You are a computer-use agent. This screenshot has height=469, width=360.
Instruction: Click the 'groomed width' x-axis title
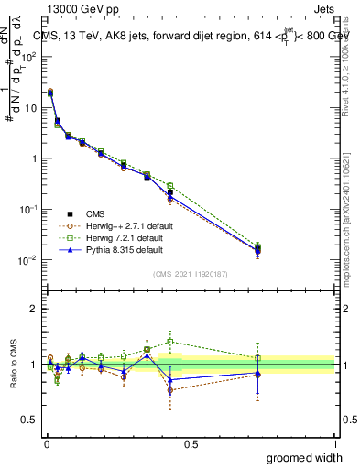(x=305, y=457)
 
